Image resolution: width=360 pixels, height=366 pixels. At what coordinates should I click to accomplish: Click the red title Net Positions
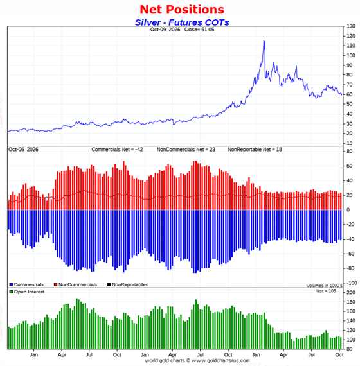182,10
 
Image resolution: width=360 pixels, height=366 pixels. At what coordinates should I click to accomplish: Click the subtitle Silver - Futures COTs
182,22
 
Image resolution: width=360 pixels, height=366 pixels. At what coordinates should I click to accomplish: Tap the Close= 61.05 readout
199,30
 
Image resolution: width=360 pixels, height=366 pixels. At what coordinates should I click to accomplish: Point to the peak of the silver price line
264,41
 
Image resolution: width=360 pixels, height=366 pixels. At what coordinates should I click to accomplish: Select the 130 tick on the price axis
351,26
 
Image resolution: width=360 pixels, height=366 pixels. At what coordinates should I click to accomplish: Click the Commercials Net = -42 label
117,150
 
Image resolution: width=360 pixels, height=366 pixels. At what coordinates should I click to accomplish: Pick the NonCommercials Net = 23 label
186,150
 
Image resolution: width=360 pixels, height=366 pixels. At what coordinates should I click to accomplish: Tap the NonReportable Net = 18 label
255,150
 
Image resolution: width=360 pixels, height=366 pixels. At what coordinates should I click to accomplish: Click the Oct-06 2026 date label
23,150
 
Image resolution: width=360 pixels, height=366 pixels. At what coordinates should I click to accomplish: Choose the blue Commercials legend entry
26,284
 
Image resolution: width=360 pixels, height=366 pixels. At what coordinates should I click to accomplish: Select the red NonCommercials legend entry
75,284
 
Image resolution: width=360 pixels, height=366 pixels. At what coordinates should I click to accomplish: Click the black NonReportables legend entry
127,284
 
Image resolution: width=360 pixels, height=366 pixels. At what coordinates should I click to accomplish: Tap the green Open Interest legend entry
26,292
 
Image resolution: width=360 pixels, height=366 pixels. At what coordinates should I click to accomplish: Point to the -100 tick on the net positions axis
351,283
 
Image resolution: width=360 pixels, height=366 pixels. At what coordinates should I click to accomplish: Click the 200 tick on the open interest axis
351,292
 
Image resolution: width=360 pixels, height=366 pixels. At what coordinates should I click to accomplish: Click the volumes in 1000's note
324,286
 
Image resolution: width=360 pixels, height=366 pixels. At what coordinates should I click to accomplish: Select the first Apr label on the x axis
62,355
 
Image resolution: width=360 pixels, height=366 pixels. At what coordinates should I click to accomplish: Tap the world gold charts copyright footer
197,361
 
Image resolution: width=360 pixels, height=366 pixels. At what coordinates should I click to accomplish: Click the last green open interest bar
341,343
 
